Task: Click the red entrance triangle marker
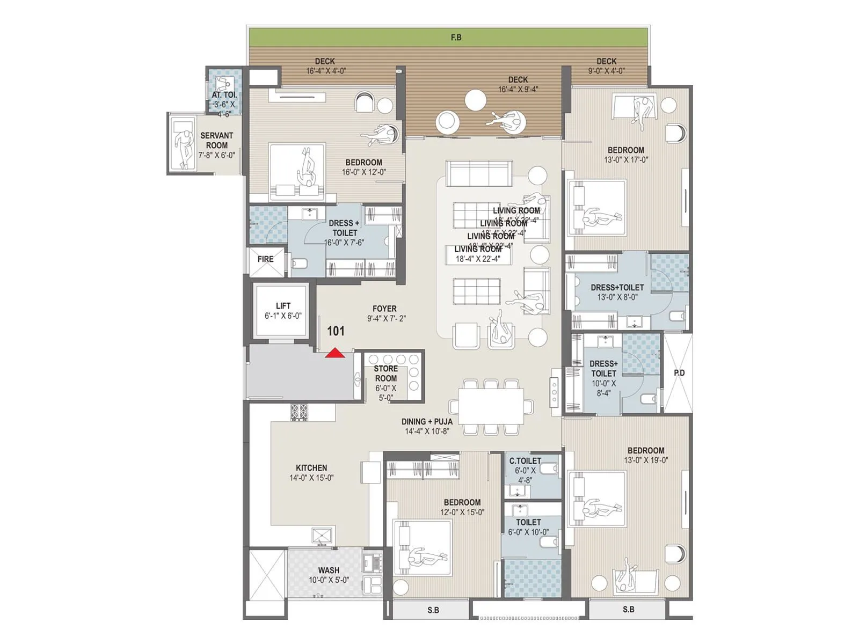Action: tap(335, 353)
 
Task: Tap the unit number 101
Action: tap(336, 331)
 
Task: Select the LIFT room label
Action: tap(283, 306)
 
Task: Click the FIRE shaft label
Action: tap(265, 259)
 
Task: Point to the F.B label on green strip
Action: tap(456, 38)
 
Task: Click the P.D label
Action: tap(679, 372)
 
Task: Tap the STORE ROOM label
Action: tap(385, 374)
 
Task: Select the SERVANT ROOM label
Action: tap(216, 141)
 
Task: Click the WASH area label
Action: tap(328, 570)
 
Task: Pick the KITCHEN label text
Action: tap(311, 468)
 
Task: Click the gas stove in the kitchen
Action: tap(299, 412)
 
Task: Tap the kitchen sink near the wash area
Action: tap(322, 536)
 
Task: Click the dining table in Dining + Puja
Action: tap(491, 406)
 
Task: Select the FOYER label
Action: tap(384, 309)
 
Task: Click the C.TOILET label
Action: tap(525, 461)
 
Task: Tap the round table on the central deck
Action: tap(475, 100)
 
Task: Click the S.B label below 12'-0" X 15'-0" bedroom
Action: tap(433, 610)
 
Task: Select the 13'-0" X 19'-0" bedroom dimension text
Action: tap(646, 460)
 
